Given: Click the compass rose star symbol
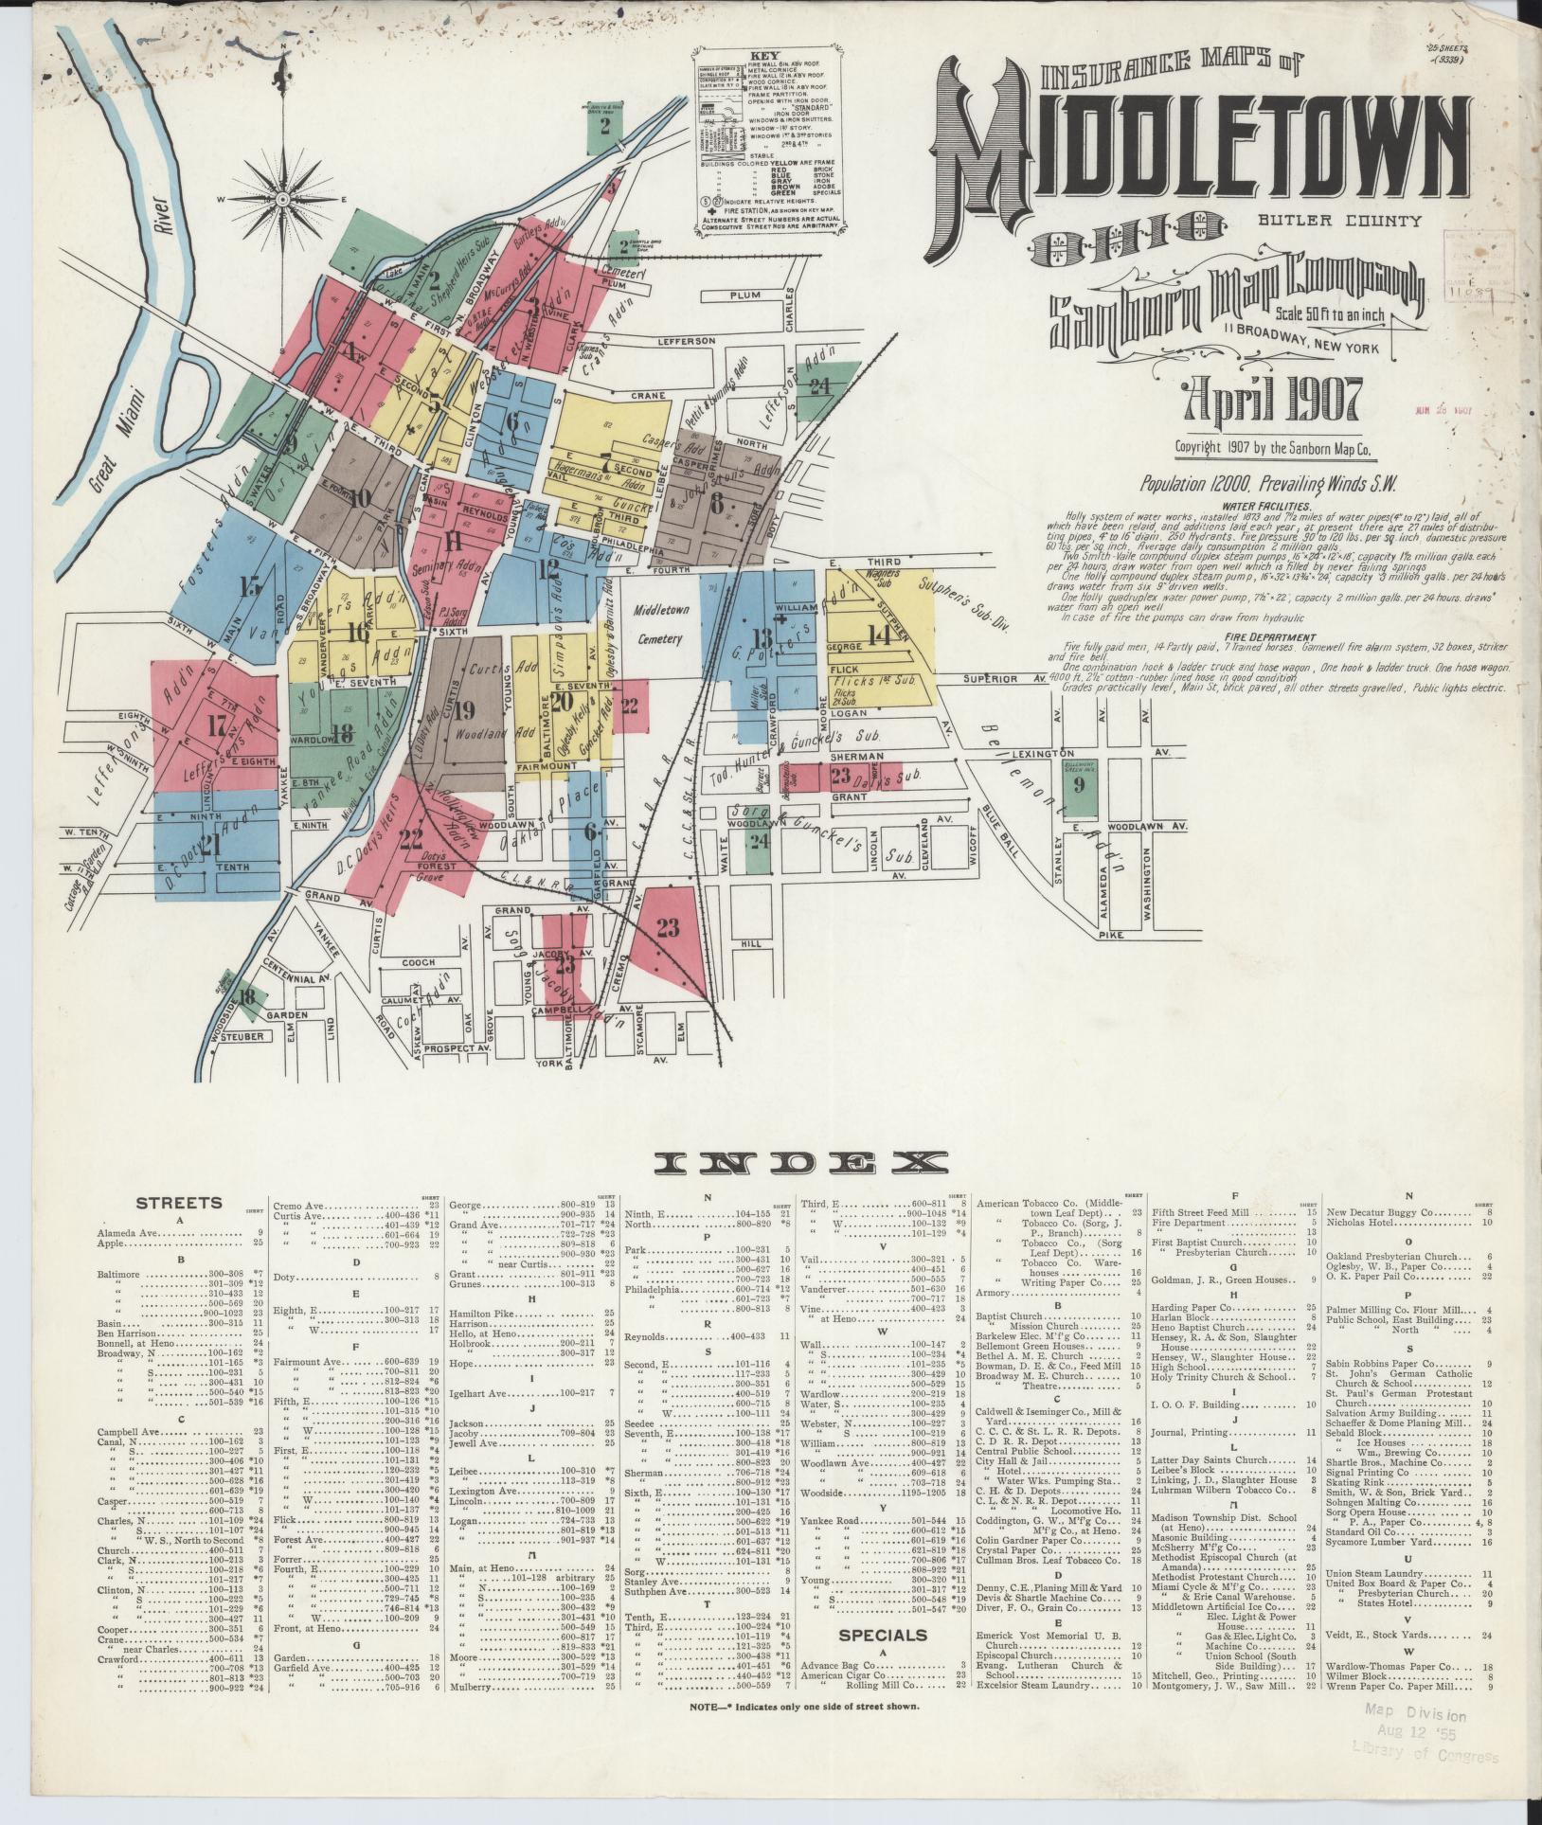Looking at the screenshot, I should pos(282,199).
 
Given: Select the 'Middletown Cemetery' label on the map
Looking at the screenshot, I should pos(659,624).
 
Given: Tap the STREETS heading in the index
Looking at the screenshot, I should pos(178,1203).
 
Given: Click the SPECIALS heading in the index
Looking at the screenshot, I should pos(882,1635).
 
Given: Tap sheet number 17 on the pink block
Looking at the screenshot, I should pos(219,727).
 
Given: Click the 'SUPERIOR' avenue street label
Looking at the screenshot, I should pos(991,679).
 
